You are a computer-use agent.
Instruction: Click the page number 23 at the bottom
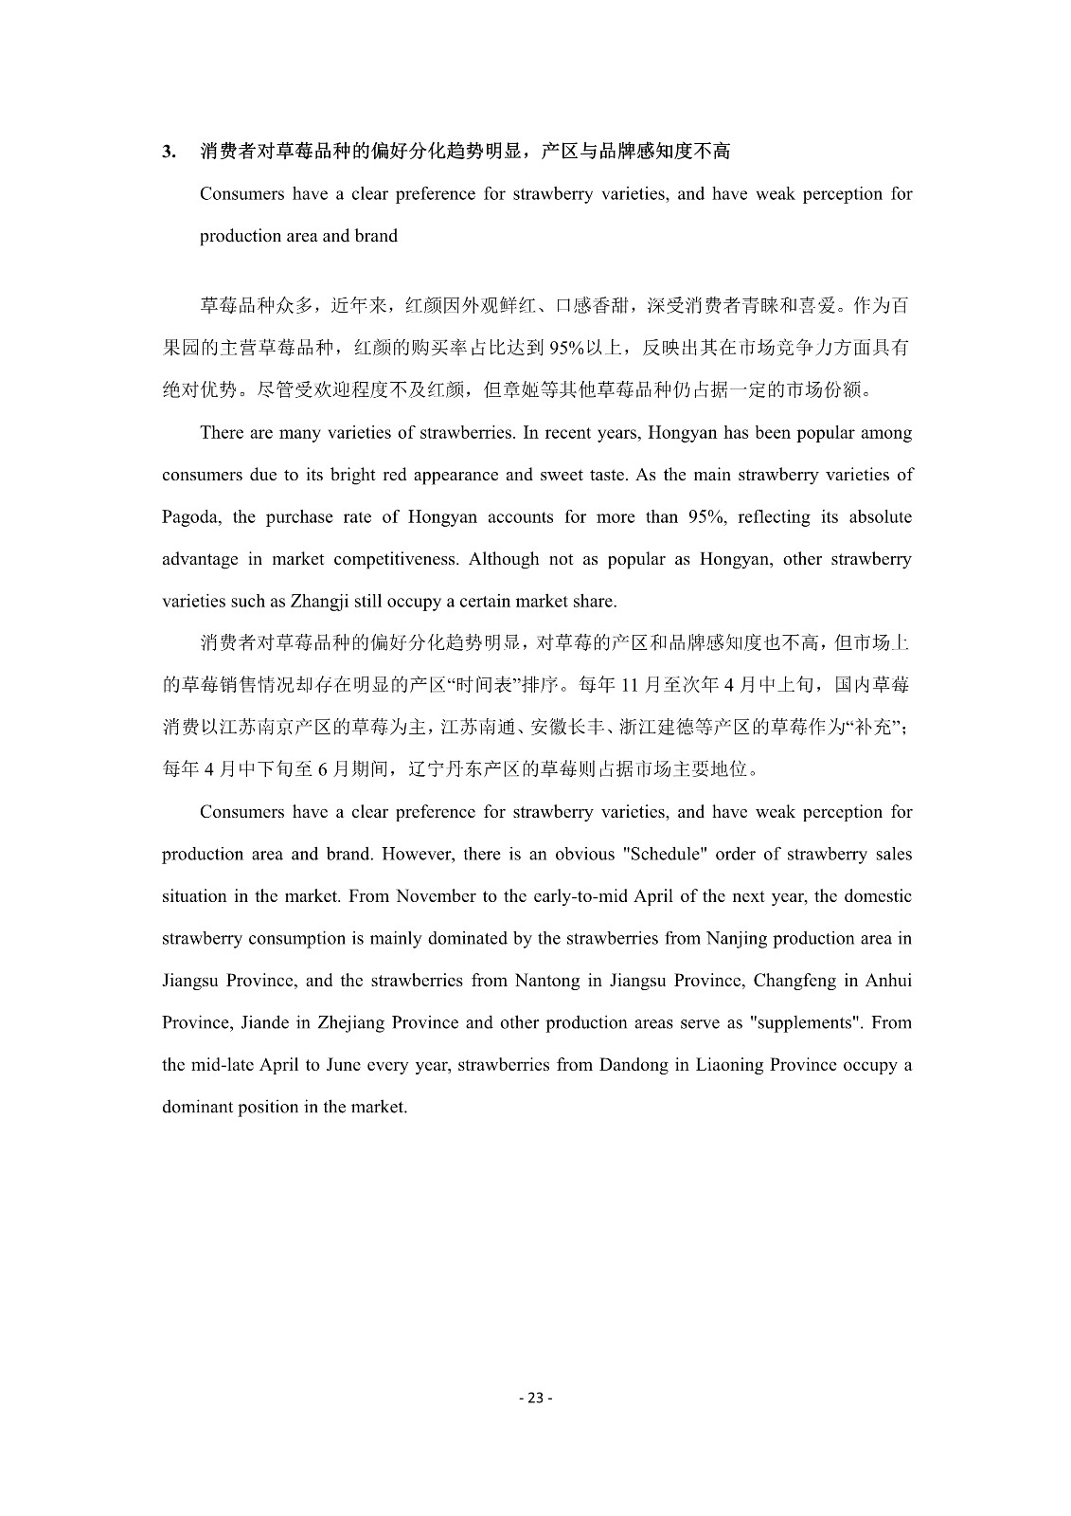535,1398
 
